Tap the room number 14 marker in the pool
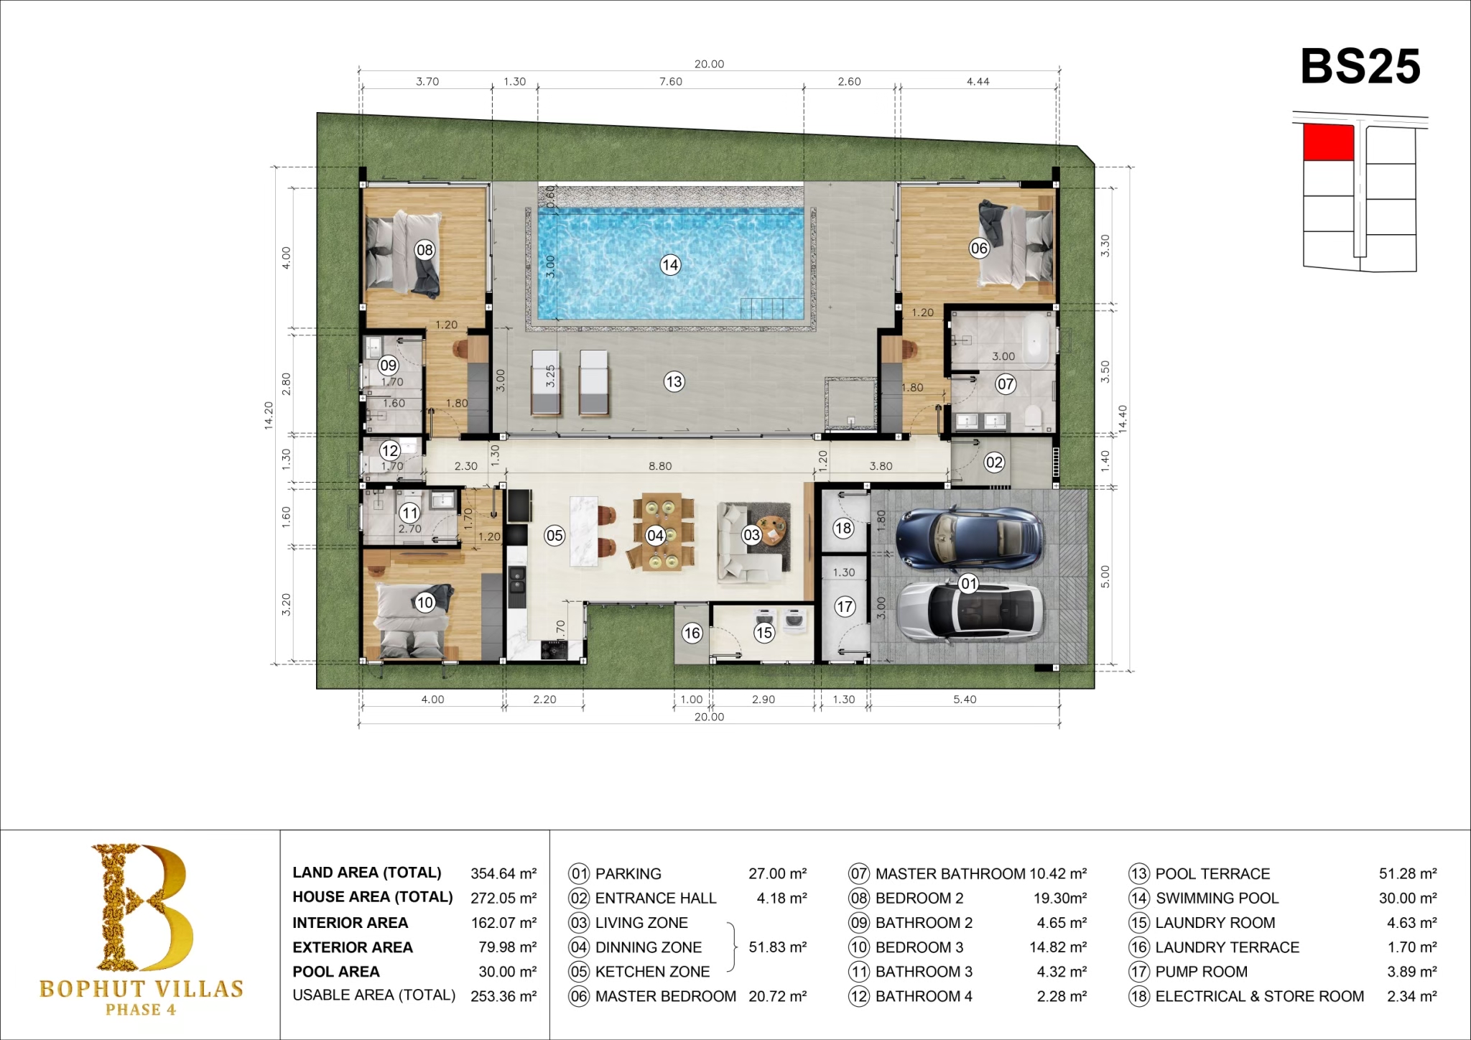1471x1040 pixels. (670, 265)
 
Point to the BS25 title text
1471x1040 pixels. (1360, 67)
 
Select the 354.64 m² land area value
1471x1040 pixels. (504, 873)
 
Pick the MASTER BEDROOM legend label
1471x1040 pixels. (665, 996)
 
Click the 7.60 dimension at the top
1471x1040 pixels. (671, 82)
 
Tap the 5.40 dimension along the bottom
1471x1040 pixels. (965, 700)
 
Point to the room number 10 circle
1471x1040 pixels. (425, 603)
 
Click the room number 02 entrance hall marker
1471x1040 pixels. (994, 463)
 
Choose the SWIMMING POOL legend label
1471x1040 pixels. (1217, 899)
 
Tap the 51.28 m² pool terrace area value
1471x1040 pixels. (1408, 874)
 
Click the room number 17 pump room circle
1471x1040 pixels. (845, 607)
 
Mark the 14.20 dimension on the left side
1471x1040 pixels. (269, 415)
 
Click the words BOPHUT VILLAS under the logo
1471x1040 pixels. (141, 989)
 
